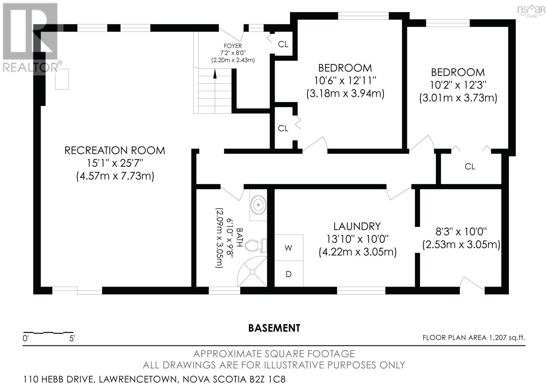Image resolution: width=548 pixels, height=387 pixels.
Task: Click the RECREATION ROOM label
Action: [115, 150]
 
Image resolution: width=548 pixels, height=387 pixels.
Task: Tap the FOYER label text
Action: [233, 46]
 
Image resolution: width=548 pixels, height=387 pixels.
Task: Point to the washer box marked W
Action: [288, 248]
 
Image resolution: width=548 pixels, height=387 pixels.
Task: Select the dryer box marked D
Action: [288, 274]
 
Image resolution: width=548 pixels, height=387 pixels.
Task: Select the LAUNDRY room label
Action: [357, 226]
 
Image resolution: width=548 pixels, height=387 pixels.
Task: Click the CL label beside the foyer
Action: [283, 44]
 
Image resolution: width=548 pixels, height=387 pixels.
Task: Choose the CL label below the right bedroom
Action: [470, 167]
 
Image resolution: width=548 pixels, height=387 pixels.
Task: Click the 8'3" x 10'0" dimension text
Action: [461, 232]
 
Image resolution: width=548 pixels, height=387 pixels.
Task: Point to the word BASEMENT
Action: [274, 328]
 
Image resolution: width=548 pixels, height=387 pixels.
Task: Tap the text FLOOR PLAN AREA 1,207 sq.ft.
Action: [473, 338]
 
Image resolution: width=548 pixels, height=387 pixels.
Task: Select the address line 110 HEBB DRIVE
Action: [154, 379]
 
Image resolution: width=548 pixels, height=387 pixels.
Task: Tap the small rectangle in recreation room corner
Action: [62, 79]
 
